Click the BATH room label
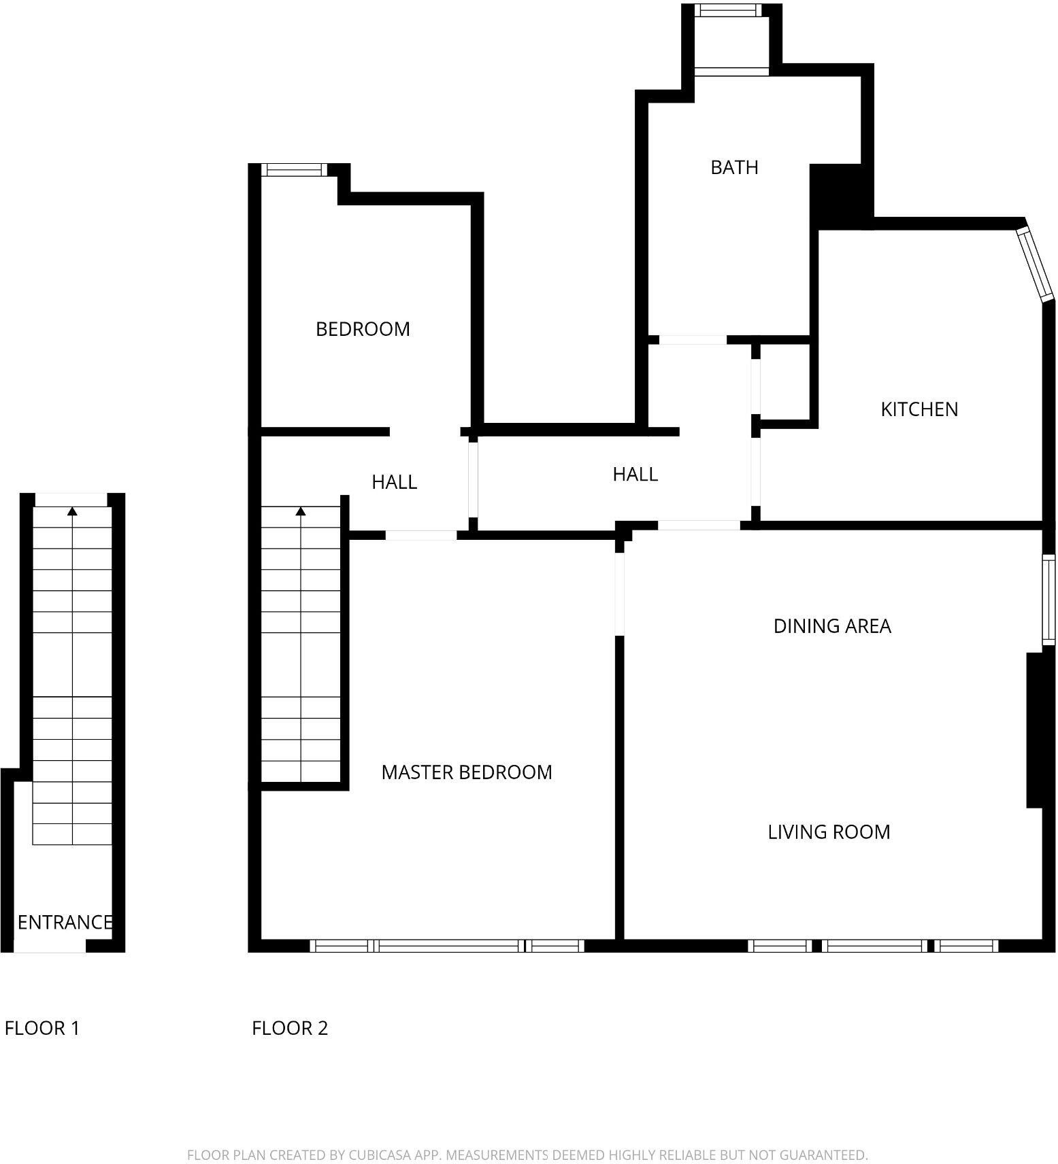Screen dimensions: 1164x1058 [733, 167]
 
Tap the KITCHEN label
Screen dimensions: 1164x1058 [919, 409]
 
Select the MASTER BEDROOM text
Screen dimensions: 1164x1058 [466, 772]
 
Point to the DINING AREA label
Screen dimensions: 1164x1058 [831, 626]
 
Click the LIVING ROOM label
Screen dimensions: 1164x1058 [828, 832]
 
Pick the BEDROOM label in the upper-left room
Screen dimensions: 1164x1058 [363, 329]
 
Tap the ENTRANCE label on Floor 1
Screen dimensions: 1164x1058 [65, 923]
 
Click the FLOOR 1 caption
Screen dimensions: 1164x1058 [42, 1029]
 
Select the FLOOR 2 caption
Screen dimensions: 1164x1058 [290, 1029]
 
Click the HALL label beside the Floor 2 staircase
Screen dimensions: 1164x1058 [394, 483]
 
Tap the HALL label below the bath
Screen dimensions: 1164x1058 [635, 475]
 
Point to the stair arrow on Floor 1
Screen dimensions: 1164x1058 [72, 512]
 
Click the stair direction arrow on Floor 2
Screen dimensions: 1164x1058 [301, 512]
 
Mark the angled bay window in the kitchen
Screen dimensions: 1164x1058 [1034, 264]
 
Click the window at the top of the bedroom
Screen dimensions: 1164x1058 [294, 170]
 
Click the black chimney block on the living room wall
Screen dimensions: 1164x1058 [1034, 730]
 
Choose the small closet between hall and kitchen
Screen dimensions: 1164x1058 [784, 381]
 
